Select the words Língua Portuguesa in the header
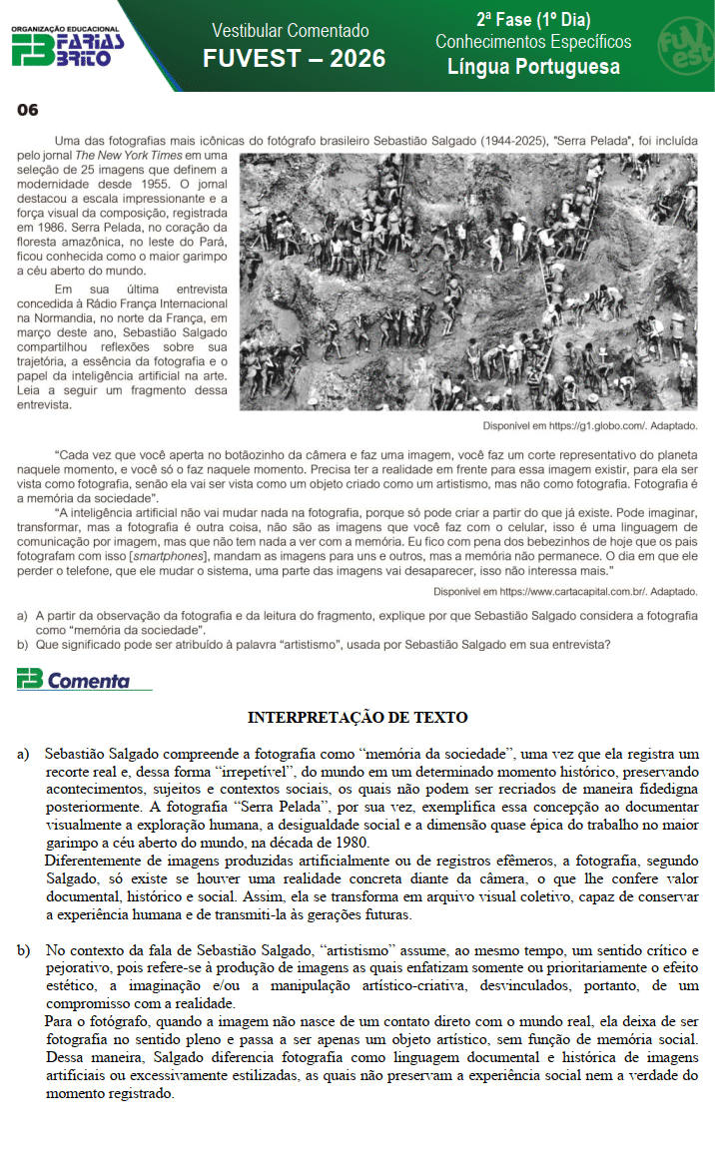pyautogui.click(x=533, y=67)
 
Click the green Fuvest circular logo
pyautogui.click(x=683, y=44)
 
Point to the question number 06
pyautogui.click(x=27, y=110)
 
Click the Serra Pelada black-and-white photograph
pyautogui.click(x=469, y=282)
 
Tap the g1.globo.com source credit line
pyautogui.click(x=589, y=425)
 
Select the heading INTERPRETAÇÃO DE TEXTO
pyautogui.click(x=357, y=718)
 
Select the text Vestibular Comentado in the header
pyautogui.click(x=291, y=31)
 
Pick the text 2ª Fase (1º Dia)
pyautogui.click(x=533, y=19)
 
